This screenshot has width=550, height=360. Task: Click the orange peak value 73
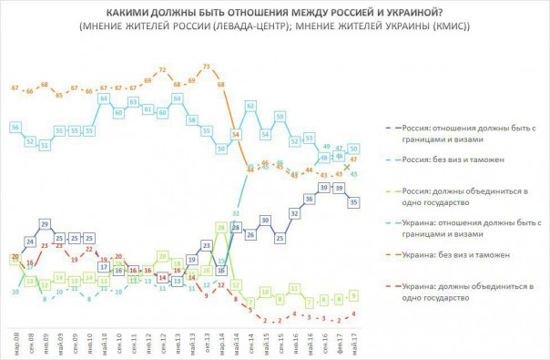coord(206,67)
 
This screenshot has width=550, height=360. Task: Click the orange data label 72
coord(162,70)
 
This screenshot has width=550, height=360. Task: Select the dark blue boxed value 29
coord(44,223)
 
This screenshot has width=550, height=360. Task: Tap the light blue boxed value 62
coord(250,107)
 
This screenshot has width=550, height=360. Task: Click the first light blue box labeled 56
coord(15,126)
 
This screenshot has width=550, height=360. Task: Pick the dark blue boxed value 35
coord(353,203)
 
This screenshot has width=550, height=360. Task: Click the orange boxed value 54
coord(235,134)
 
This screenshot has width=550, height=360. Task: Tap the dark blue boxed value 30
coord(264,220)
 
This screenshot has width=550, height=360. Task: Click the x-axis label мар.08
coord(15,340)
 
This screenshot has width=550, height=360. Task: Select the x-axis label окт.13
coord(206,340)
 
